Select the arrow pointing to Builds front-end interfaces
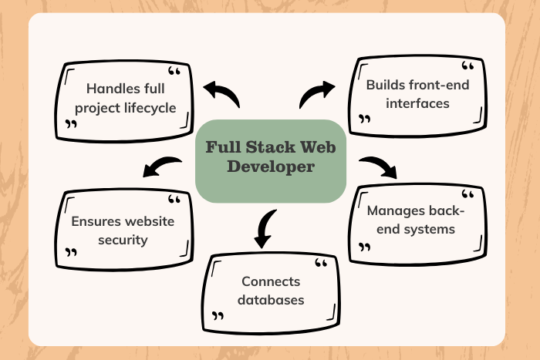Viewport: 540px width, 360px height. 316,94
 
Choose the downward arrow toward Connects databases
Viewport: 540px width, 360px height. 265,228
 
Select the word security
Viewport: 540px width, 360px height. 123,239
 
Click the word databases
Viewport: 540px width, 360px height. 271,299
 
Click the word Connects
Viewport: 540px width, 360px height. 271,281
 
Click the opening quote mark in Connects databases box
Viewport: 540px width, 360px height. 322,264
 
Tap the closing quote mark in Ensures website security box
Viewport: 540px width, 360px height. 72,252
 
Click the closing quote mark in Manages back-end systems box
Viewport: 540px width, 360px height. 365,247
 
